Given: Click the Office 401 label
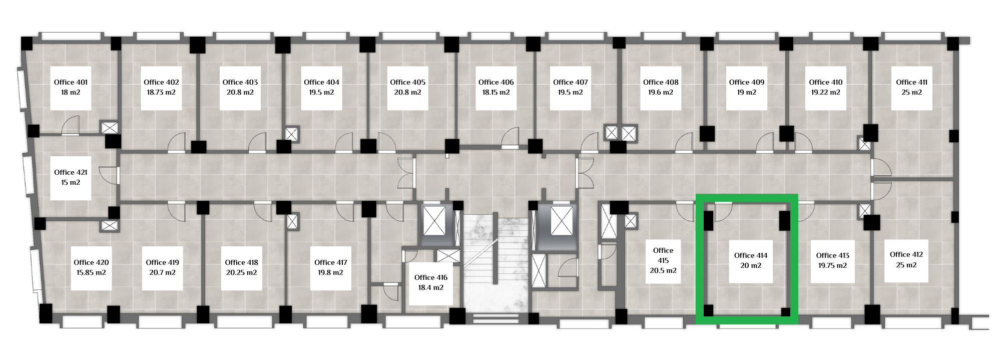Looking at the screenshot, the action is (x=71, y=82).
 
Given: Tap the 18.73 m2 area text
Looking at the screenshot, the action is (x=161, y=93).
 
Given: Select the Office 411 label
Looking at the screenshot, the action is (x=911, y=82).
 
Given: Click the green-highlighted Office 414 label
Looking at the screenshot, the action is (x=750, y=255).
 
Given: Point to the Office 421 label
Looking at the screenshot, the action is (x=71, y=172).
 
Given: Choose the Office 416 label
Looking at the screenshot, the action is (x=431, y=277).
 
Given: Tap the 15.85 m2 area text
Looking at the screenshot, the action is (x=91, y=273).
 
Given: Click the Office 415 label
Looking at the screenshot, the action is (x=663, y=255).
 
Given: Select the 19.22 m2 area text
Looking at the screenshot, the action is (x=826, y=93).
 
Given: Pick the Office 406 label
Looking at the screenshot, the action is (x=496, y=82).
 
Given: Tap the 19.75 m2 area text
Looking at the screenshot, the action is (x=833, y=266).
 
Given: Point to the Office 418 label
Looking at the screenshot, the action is (x=241, y=262).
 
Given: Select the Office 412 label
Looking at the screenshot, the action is (x=906, y=254).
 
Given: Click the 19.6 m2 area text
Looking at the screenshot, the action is (x=661, y=93).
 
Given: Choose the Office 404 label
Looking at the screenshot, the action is (x=321, y=82).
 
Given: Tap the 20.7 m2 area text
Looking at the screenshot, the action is (x=162, y=273).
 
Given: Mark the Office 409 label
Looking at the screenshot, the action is (x=747, y=82).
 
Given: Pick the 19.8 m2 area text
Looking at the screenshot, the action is (x=330, y=273).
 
